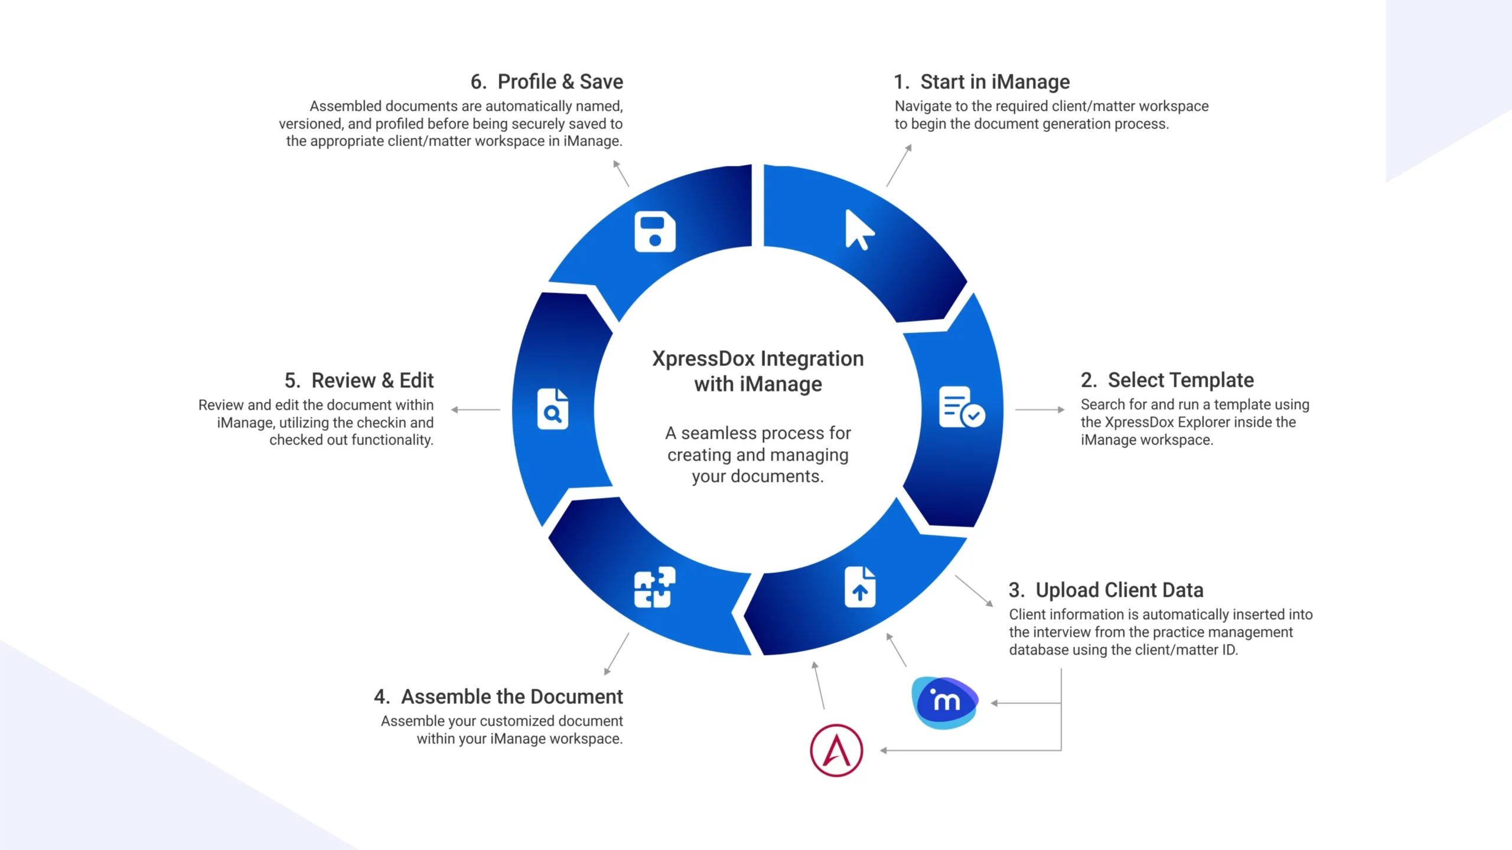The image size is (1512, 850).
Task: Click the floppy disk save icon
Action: pyautogui.click(x=655, y=231)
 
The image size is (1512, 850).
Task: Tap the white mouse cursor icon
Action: pyautogui.click(x=858, y=230)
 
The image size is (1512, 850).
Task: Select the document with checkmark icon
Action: pyautogui.click(x=961, y=407)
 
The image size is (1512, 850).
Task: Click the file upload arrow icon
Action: pyautogui.click(x=860, y=587)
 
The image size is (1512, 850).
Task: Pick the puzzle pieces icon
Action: pyautogui.click(x=654, y=587)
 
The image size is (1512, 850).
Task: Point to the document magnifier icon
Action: pyautogui.click(x=553, y=408)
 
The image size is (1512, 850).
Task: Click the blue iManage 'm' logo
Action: pyautogui.click(x=945, y=702)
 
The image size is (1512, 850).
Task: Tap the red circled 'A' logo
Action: pyautogui.click(x=836, y=750)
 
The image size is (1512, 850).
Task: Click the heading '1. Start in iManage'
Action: pyautogui.click(x=982, y=82)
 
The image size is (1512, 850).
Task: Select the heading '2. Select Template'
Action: pyautogui.click(x=1167, y=380)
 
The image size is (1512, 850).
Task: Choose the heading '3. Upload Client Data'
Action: pyautogui.click(x=1106, y=590)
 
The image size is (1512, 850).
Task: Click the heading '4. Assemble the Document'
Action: pyautogui.click(x=498, y=697)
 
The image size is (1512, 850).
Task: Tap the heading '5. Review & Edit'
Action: pyautogui.click(x=359, y=381)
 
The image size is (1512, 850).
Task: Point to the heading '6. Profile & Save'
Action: pyautogui.click(x=547, y=82)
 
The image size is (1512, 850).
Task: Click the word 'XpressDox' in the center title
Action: pyautogui.click(x=703, y=359)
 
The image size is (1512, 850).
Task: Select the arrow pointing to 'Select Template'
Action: pyautogui.click(x=1039, y=409)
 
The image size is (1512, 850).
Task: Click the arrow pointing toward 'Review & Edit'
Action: pyautogui.click(x=475, y=409)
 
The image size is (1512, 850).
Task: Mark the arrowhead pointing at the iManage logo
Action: pyautogui.click(x=995, y=703)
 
